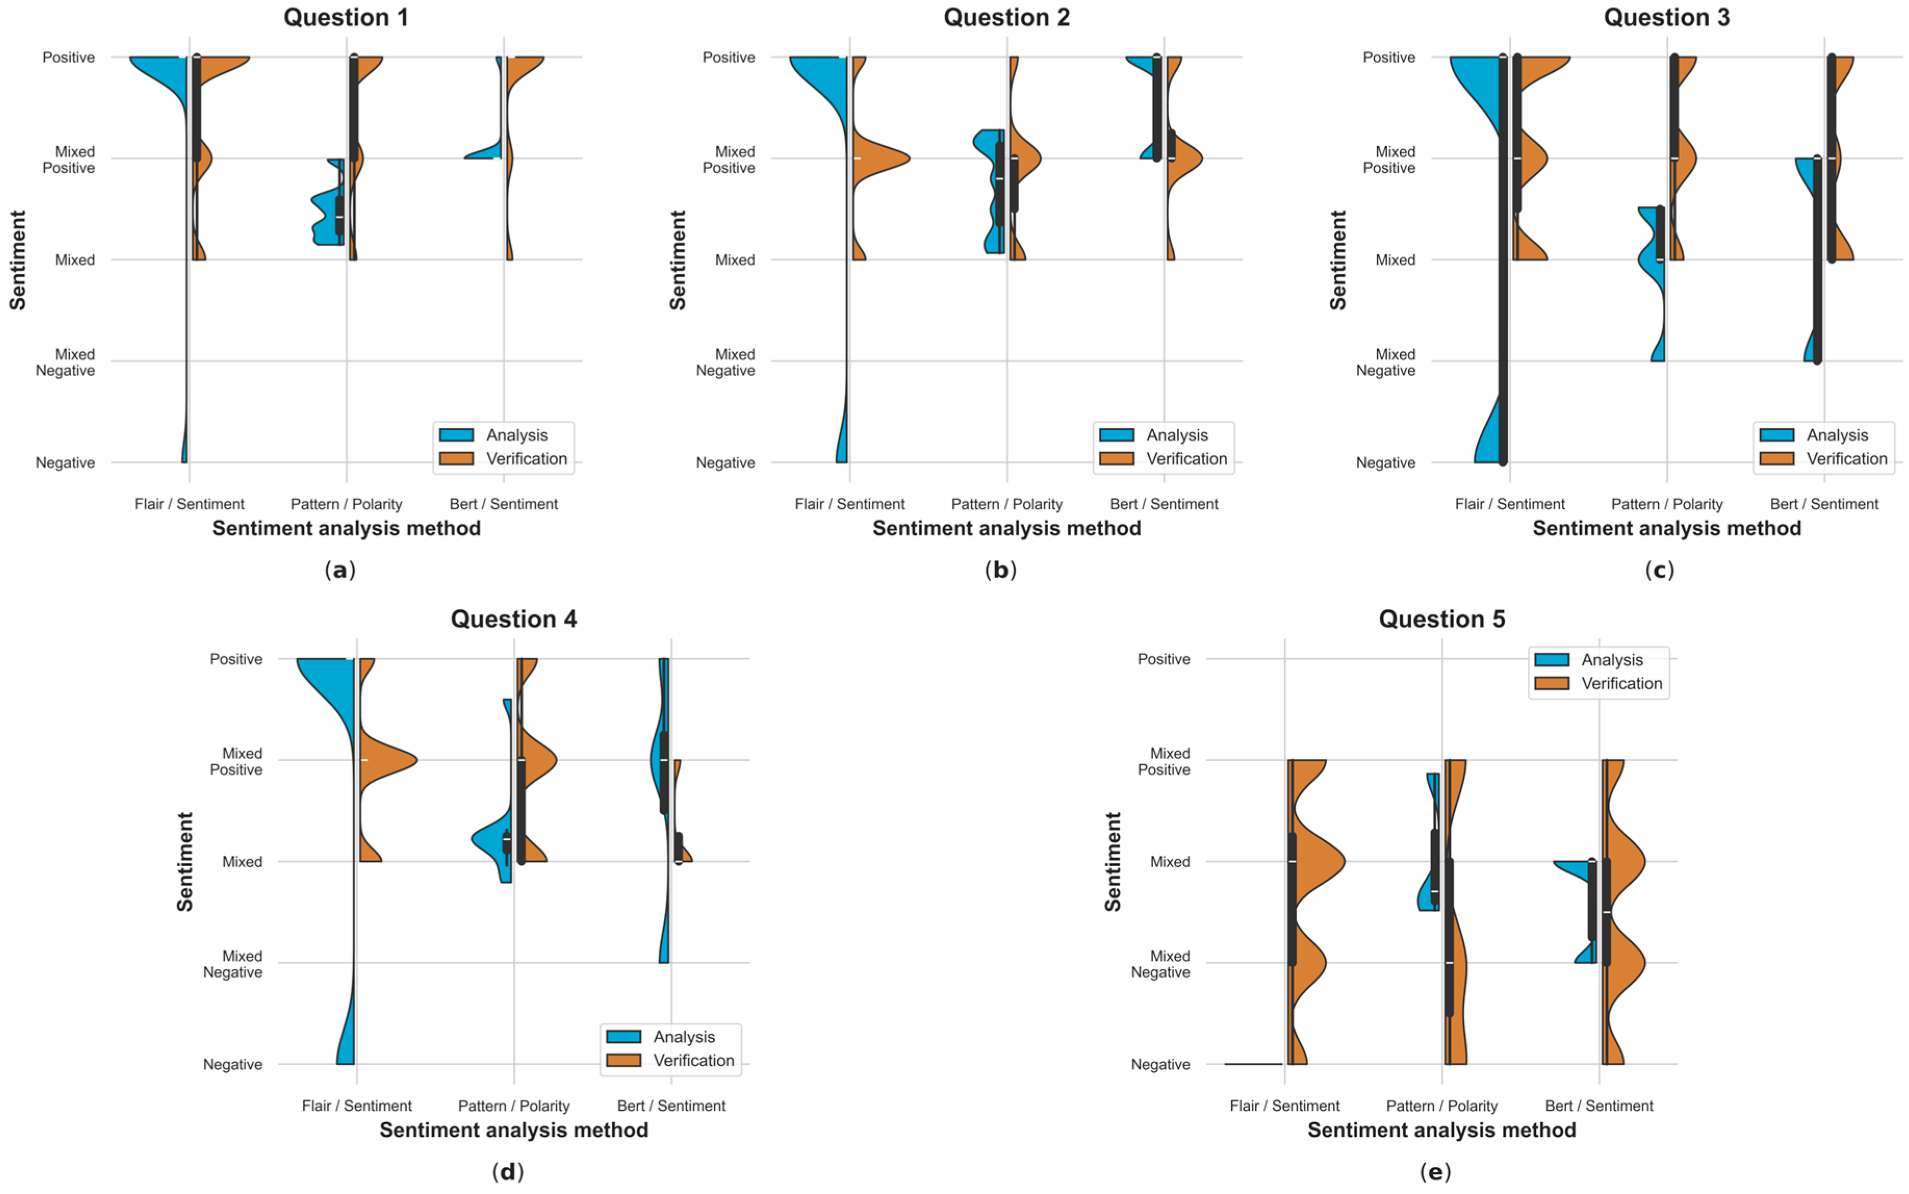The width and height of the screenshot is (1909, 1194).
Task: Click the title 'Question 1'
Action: tap(346, 17)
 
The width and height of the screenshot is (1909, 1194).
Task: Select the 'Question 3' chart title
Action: tap(1666, 17)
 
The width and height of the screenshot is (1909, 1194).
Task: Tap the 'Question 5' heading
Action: tap(1441, 619)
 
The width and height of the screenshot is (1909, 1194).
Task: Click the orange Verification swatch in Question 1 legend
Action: tap(456, 459)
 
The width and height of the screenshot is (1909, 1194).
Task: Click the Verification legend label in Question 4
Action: tap(693, 1060)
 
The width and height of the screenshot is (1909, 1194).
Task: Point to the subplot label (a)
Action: tap(340, 570)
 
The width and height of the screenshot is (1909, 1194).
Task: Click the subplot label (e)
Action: tap(1435, 1172)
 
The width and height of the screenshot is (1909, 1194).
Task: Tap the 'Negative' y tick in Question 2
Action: tap(725, 463)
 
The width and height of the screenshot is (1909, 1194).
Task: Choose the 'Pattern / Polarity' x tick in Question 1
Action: tap(346, 504)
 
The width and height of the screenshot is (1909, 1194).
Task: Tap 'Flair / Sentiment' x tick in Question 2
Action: tap(849, 504)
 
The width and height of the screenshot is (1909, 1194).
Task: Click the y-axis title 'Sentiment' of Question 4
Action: tap(185, 862)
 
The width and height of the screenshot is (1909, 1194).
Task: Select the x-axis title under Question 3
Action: tap(1666, 528)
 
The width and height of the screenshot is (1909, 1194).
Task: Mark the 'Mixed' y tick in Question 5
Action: tap(1169, 862)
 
